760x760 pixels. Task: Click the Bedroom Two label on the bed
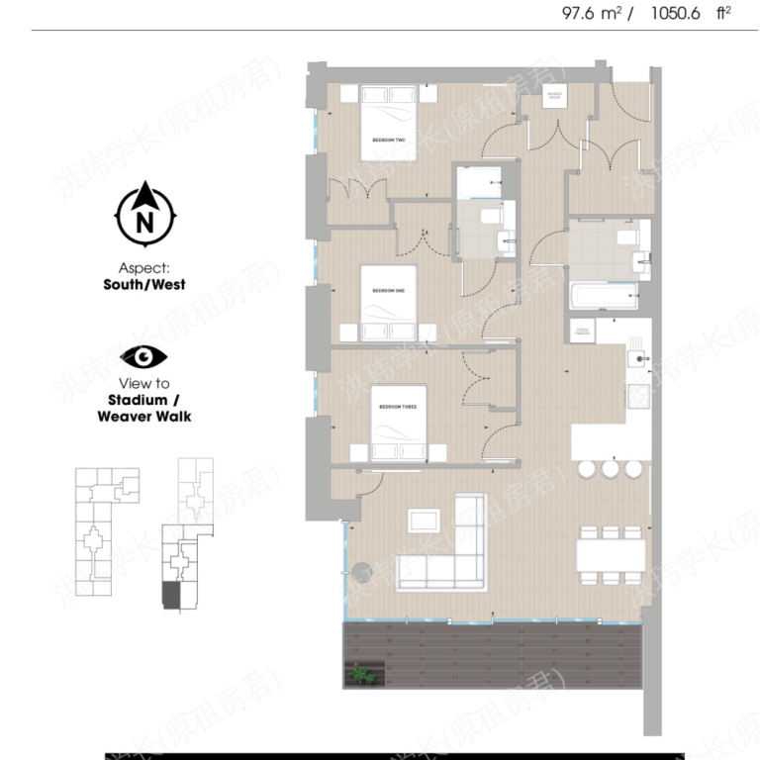point(389,141)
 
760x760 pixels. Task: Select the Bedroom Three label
point(396,407)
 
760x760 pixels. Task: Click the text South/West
point(143,284)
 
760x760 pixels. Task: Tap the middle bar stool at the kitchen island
point(611,468)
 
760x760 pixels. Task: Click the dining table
point(612,555)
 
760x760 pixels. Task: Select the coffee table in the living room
point(426,522)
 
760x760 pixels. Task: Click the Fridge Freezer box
point(581,332)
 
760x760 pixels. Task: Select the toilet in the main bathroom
point(625,237)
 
